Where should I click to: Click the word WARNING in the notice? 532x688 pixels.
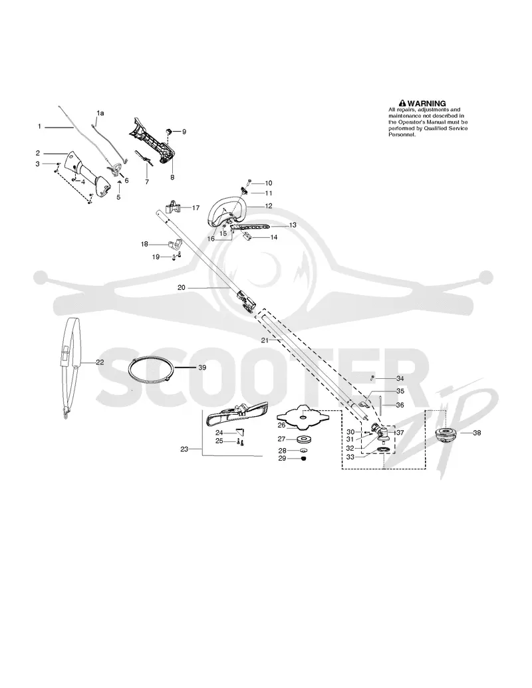426,104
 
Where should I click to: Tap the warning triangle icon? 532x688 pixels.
402,104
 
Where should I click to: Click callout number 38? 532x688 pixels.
477,433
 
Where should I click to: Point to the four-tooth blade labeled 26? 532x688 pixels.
303,417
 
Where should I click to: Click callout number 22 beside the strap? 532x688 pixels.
100,362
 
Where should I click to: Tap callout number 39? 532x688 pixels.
202,367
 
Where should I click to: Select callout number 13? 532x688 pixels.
293,225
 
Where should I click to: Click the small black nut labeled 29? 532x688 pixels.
303,459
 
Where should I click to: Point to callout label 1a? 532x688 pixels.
100,113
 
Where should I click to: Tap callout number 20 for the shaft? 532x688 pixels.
182,288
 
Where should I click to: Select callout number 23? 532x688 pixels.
184,449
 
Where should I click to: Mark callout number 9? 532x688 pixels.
184,131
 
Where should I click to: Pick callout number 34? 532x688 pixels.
400,378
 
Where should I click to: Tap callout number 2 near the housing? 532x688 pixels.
38,153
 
